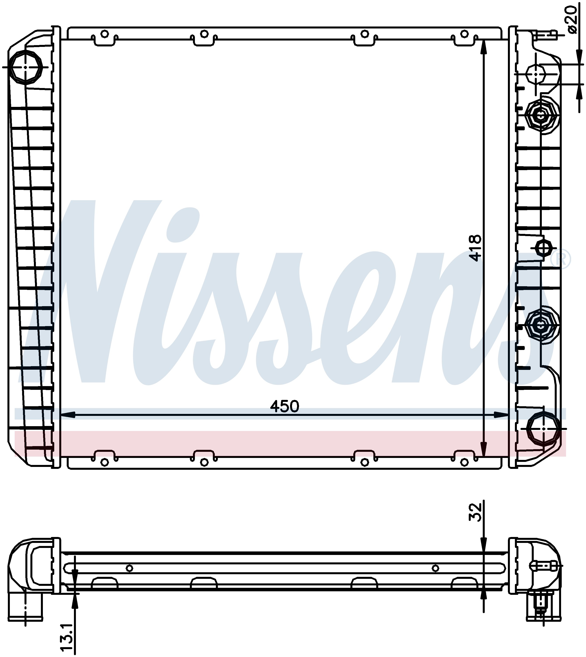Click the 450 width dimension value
point(285,406)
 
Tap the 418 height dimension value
point(475,248)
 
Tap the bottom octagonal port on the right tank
point(544,429)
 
